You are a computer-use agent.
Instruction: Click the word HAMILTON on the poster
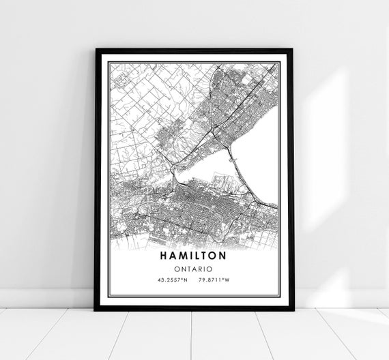(x=194, y=256)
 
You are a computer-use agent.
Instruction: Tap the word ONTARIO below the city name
(x=194, y=269)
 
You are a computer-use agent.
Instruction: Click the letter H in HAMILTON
(x=164, y=256)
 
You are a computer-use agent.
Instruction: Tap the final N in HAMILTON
(x=223, y=256)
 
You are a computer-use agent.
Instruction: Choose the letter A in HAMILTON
(x=173, y=256)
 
